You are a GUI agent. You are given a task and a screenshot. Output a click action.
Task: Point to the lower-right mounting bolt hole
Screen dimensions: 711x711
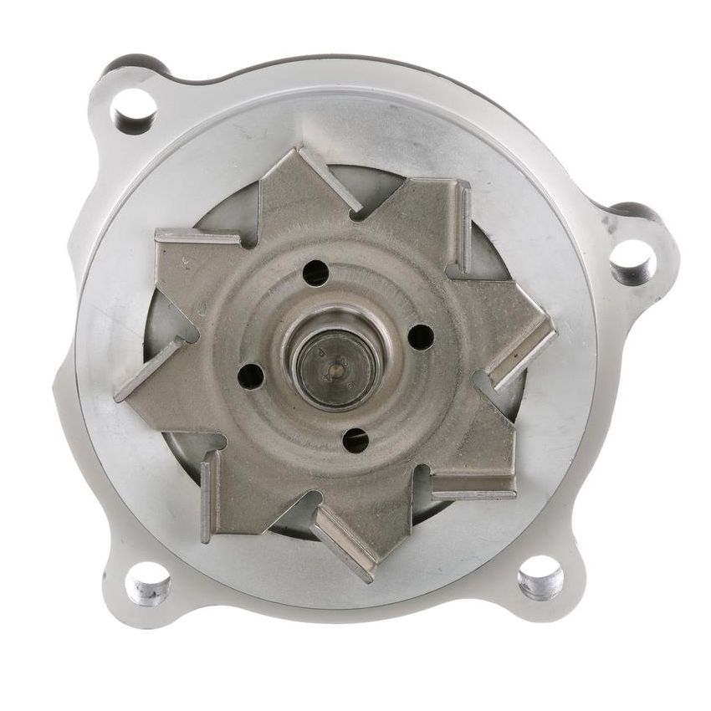coord(540,577)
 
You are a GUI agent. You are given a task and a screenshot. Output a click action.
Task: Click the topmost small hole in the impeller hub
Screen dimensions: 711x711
coord(316,272)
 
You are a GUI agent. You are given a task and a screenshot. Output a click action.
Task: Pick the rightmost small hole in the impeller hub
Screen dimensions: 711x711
coord(420,336)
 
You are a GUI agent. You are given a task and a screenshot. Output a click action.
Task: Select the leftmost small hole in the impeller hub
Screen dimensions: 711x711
coord(251,376)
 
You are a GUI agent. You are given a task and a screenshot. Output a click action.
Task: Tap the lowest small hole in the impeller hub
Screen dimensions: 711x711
coord(355,439)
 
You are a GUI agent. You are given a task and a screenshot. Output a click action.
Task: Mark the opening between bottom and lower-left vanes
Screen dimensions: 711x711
coord(289,519)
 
